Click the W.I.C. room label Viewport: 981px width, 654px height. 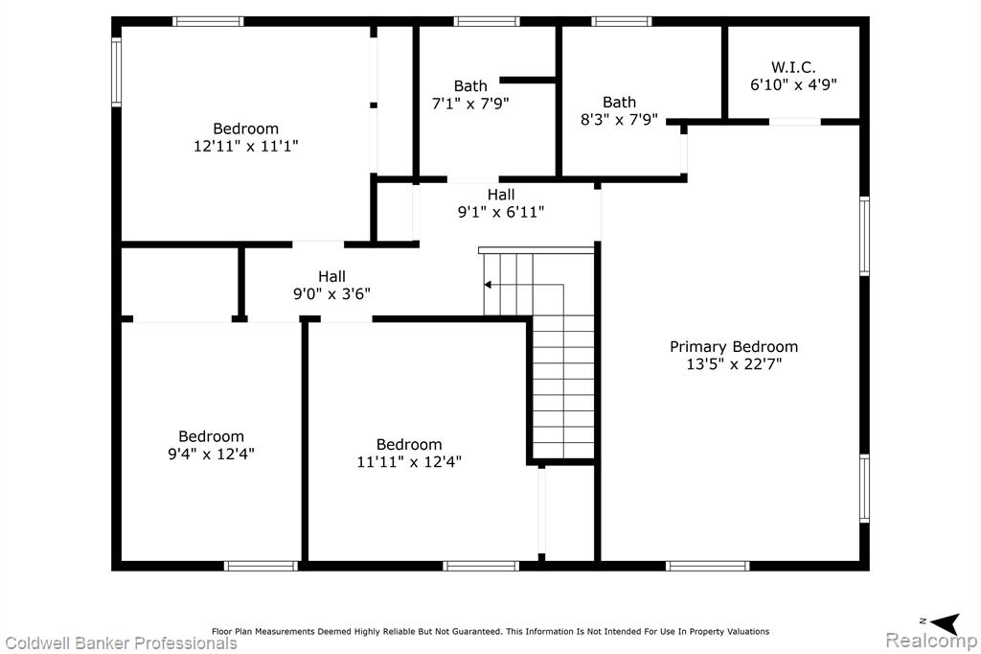pos(792,67)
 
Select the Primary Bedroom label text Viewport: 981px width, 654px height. pos(734,346)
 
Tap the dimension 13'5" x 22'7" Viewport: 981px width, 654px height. pos(734,364)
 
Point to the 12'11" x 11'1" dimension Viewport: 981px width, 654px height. pos(246,146)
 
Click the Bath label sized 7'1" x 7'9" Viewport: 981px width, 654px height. pos(470,85)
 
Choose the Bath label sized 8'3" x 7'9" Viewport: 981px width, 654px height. pos(620,102)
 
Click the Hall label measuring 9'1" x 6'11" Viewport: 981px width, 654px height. pos(501,195)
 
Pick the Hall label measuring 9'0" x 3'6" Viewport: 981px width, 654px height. pos(331,276)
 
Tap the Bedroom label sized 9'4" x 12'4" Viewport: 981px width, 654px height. pos(211,436)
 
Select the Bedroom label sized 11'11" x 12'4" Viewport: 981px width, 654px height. pos(409,445)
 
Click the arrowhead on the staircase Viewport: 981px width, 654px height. pos(488,285)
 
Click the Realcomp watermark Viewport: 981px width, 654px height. pos(931,641)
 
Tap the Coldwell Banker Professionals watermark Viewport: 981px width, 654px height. pos(121,643)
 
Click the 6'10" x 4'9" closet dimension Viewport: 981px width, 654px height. pos(793,84)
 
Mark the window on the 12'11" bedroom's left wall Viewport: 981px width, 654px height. pos(116,71)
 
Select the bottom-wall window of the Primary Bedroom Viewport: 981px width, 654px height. pos(708,567)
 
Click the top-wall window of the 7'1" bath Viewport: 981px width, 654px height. pos(487,21)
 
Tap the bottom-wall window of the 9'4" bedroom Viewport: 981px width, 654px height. pos(261,567)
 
